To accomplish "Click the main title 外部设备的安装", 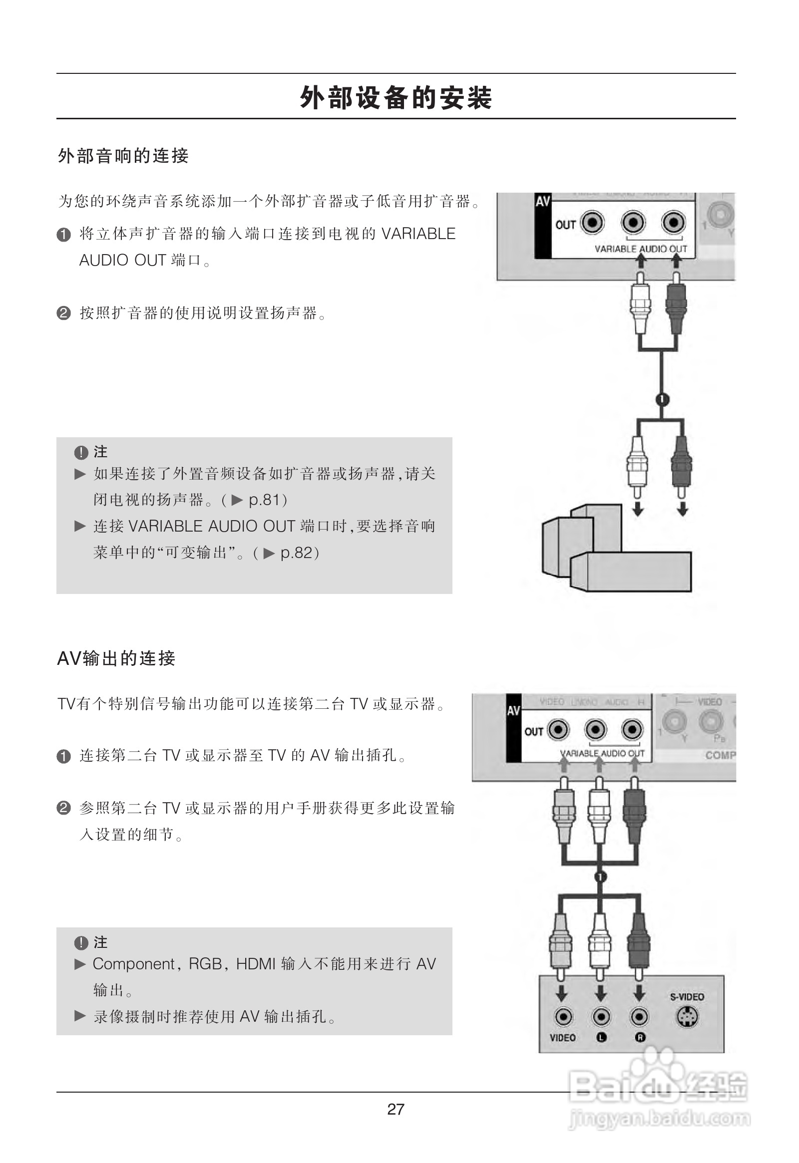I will coord(396,98).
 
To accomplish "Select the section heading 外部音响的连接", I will coord(123,156).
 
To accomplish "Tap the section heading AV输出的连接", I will coord(116,658).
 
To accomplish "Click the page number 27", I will coord(396,1110).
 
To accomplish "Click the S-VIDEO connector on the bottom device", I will coord(687,1016).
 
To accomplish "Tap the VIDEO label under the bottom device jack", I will coord(562,1037).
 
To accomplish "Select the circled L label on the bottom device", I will coord(601,1037).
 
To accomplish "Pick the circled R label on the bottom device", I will coord(639,1037).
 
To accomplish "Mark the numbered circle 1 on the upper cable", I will coord(662,399).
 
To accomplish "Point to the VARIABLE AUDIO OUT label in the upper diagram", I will coord(640,249).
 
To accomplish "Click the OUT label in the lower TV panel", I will coord(534,732).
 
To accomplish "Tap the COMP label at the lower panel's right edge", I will coord(720,755).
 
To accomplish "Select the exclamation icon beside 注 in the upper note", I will coord(80,452).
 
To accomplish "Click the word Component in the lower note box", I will coord(133,964).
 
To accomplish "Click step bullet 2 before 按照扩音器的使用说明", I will coord(64,313).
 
